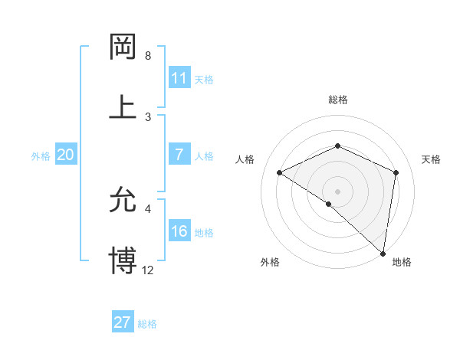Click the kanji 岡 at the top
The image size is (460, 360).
pos(123,47)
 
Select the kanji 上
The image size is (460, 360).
pos(123,106)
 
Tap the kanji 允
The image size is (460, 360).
pos(123,201)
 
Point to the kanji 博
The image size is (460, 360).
pos(123,260)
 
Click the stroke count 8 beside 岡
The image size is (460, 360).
pos(148,56)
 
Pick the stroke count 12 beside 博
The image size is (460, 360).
pos(148,270)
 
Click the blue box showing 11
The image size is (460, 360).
pos(179,78)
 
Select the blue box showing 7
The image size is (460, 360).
pos(179,155)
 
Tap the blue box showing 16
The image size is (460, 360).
pos(179,231)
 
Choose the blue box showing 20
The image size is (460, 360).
pos(65,155)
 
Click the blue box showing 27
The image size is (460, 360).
pos(123,322)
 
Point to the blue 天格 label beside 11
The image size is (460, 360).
pos(204,79)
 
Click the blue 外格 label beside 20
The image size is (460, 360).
pos(41,155)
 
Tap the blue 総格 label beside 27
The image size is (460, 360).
pos(147,323)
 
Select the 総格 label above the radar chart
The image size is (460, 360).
pos(338,100)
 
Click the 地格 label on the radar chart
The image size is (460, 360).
pos(402,262)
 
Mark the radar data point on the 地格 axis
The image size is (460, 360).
pos(383,253)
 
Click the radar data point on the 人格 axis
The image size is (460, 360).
pos(280,173)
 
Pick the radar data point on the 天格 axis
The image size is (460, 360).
pos(396,172)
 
